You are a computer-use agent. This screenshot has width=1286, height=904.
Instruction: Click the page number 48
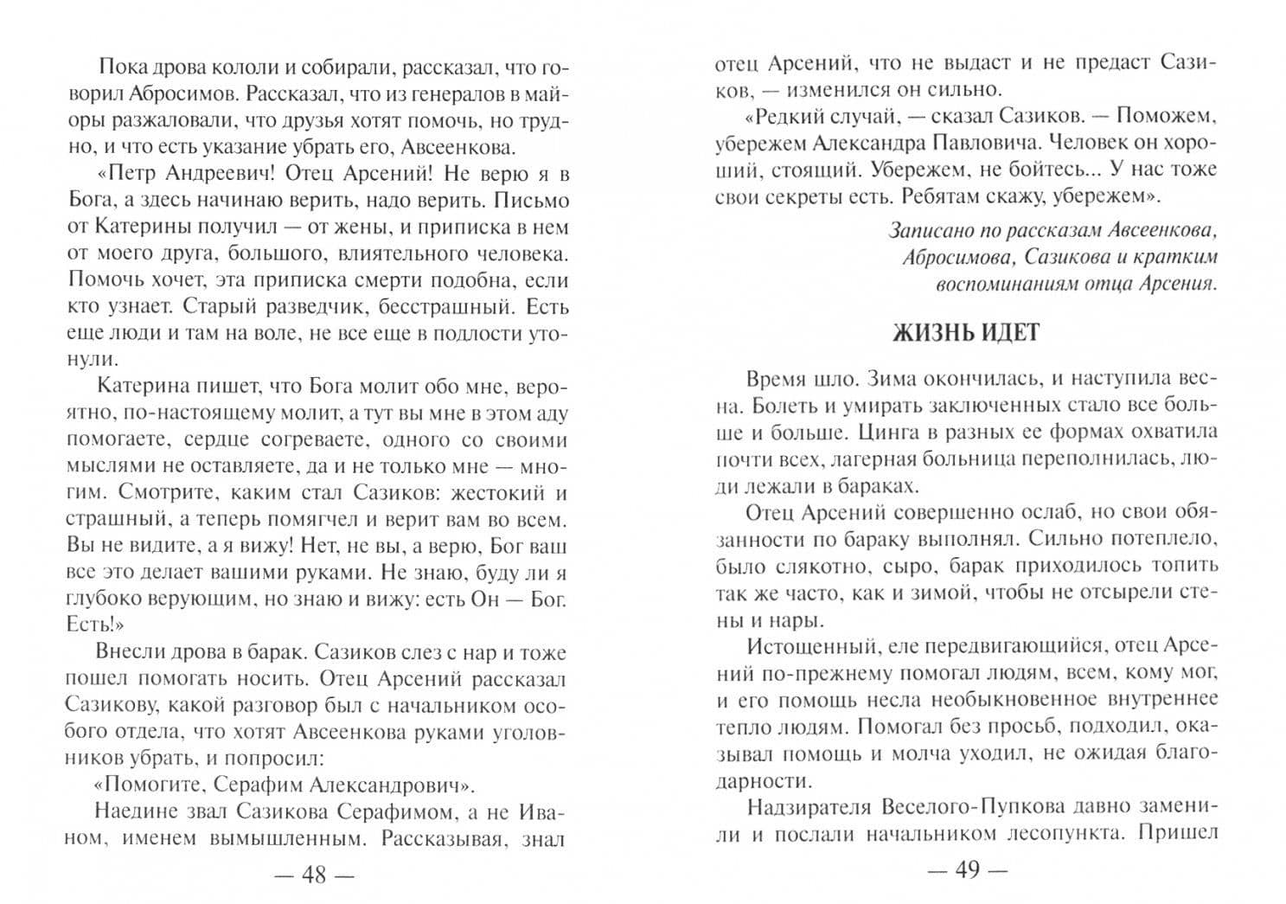[313, 875]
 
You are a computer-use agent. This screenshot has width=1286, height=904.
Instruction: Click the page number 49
[967, 870]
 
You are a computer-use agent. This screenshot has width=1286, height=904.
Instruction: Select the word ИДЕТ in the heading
[1010, 333]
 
